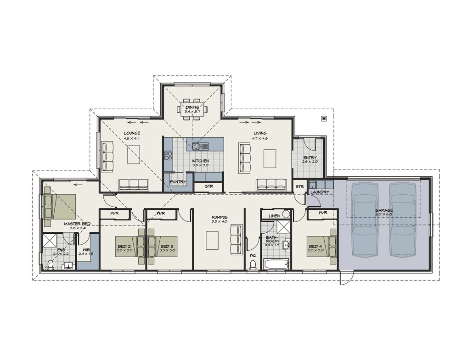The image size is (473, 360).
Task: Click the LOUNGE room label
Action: click(131, 133)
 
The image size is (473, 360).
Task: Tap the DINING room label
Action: click(192, 107)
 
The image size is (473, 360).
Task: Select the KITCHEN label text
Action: click(200, 161)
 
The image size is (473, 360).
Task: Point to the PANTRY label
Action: click(178, 182)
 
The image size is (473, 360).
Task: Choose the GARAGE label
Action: click(384, 210)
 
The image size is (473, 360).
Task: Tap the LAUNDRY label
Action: click(320, 192)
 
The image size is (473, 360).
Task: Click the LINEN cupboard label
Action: click(274, 215)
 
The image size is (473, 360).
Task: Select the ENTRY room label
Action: click(310, 157)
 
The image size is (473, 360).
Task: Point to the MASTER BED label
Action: click(77, 224)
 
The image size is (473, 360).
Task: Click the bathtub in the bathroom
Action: click(276, 264)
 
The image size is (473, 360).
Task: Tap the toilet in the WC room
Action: click(253, 265)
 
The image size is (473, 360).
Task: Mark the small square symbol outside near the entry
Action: click(324, 118)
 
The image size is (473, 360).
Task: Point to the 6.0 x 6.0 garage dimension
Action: click(384, 214)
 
